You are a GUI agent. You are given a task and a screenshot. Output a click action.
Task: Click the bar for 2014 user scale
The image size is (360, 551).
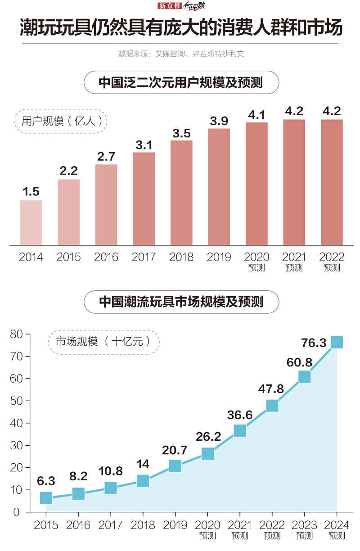pos(31,222)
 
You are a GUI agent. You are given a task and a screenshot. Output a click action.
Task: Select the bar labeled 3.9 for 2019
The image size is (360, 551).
pos(219,187)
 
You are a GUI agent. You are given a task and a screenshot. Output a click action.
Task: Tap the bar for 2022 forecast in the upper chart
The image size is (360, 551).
pos(332,182)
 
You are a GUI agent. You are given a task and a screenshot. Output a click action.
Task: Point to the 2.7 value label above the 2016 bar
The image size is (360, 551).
pos(106,157)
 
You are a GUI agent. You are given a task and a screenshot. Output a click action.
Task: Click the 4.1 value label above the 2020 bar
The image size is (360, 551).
pos(256,115)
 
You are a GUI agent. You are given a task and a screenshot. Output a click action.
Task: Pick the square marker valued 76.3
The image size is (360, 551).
pos(337,343)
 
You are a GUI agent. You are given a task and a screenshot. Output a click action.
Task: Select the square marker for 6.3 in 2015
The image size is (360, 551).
pos(46,498)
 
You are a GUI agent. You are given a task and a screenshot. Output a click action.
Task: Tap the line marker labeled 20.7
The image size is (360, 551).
pos(175,466)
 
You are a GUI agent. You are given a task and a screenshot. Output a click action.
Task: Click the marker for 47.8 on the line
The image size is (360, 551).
pos(272,406)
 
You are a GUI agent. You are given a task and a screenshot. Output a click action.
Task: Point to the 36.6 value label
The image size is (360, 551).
pos(240,415)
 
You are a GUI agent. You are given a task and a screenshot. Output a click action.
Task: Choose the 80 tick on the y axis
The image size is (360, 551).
pos(16,334)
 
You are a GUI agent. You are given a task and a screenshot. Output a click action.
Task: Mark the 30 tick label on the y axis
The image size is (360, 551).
pos(16,445)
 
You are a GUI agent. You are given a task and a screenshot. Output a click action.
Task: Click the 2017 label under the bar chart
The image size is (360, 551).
pos(144,257)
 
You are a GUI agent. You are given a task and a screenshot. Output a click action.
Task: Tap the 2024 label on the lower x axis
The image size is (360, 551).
pos(337,525)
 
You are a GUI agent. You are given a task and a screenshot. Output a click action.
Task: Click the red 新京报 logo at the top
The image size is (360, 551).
pos(169,6)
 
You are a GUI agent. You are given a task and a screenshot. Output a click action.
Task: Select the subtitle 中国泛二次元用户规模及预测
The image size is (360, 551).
pos(181,83)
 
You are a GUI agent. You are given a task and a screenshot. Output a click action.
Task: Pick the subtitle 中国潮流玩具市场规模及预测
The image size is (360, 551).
pos(181,302)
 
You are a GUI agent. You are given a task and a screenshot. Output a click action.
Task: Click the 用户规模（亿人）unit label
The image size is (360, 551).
pos(63,121)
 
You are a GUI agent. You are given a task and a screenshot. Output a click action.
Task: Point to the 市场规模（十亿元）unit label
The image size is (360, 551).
pos(104,342)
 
